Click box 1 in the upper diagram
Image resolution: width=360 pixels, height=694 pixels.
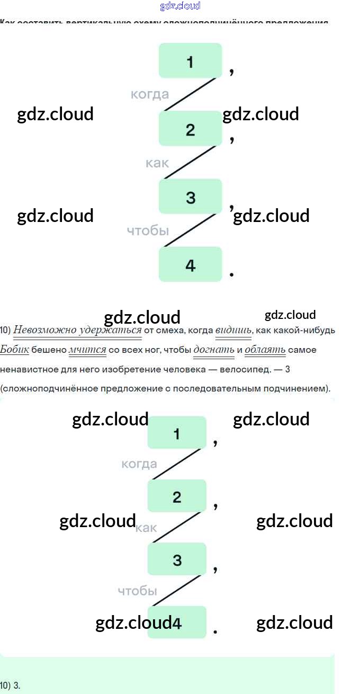pyautogui.click(x=190, y=61)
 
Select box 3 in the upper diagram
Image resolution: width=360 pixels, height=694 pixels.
pyautogui.click(x=190, y=197)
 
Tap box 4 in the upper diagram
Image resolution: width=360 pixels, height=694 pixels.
pyautogui.click(x=190, y=264)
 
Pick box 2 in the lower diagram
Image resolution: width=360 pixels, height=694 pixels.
pyautogui.click(x=177, y=496)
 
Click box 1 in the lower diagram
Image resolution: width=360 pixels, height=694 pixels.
pyautogui.click(x=177, y=433)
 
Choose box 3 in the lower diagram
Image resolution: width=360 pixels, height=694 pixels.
pyautogui.click(x=177, y=559)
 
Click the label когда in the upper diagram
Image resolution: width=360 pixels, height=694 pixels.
pyautogui.click(x=150, y=94)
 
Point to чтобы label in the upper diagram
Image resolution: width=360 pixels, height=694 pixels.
pyautogui.click(x=148, y=230)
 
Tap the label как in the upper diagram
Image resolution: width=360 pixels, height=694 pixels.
pyautogui.click(x=157, y=163)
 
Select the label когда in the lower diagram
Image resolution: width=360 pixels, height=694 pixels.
pyautogui.click(x=139, y=464)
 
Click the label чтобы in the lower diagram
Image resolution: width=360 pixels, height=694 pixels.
pyautogui.click(x=137, y=591)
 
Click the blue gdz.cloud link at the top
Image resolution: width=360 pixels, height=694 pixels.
pyautogui.click(x=180, y=6)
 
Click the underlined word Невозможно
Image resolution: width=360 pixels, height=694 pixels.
pyautogui.click(x=44, y=330)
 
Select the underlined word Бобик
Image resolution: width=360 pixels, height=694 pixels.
pyautogui.click(x=14, y=349)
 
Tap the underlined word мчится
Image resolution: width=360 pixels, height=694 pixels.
pyautogui.click(x=88, y=349)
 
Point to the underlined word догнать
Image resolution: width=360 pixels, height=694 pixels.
pyautogui.click(x=214, y=349)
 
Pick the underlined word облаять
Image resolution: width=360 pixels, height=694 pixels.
pyautogui.click(x=265, y=349)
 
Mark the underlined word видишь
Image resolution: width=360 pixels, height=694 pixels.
pyautogui.click(x=233, y=330)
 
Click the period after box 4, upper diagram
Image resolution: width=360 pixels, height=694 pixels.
pyautogui.click(x=231, y=274)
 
